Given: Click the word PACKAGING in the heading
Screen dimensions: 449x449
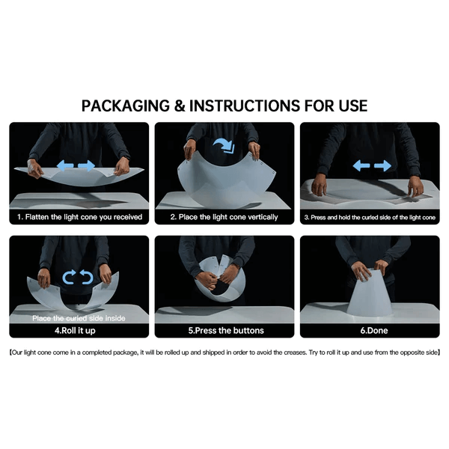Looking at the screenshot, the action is click(x=126, y=106).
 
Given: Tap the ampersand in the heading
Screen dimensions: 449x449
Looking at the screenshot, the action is click(x=180, y=106).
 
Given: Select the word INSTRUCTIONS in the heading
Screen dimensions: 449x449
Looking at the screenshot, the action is click(x=244, y=106).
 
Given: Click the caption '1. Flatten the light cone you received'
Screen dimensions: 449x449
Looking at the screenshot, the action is click(x=79, y=217).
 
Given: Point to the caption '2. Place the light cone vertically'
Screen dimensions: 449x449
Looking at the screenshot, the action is click(x=224, y=217).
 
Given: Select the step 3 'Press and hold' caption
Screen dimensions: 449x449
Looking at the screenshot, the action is click(x=370, y=217).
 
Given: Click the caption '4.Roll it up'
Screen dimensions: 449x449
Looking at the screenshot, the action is click(x=75, y=331).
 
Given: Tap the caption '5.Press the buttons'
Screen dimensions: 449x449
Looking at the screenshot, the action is click(x=226, y=331).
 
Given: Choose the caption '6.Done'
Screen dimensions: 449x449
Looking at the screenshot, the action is click(x=374, y=331).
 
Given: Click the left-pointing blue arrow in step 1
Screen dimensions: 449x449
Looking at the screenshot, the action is click(x=65, y=165).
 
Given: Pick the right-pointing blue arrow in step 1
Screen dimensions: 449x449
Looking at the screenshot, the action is click(x=87, y=165).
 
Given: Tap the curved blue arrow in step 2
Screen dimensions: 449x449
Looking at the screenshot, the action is click(x=224, y=145).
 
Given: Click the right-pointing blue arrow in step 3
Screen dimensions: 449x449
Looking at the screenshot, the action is click(x=383, y=165).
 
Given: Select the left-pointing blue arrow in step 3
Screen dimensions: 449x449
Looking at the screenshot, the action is click(x=361, y=165).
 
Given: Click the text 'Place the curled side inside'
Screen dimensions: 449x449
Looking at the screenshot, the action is click(x=79, y=318).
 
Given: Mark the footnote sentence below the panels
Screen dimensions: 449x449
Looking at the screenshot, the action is click(x=224, y=352).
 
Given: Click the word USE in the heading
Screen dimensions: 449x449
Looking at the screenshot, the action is click(x=353, y=106).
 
